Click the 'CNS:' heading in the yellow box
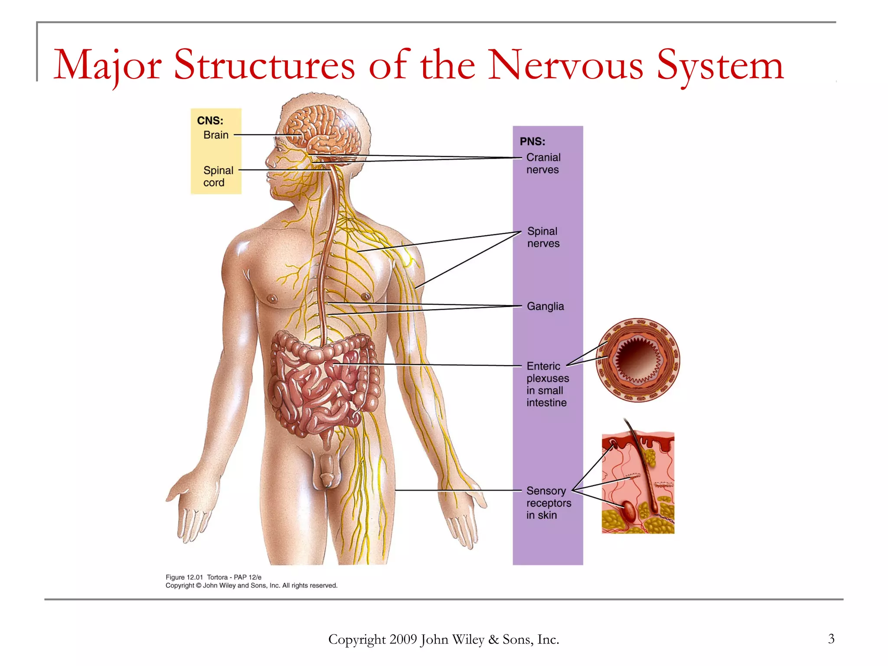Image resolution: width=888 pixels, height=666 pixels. click(x=210, y=121)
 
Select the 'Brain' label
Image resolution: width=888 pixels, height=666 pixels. click(x=215, y=135)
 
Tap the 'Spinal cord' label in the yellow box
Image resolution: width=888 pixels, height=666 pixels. click(x=218, y=176)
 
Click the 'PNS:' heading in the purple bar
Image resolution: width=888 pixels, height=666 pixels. click(x=532, y=141)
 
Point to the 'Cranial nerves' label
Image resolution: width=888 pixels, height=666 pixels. click(x=543, y=163)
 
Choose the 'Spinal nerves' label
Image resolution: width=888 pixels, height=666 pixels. click(x=543, y=237)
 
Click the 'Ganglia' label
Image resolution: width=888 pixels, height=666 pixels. click(x=545, y=307)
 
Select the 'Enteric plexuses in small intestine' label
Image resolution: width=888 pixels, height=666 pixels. click(x=547, y=384)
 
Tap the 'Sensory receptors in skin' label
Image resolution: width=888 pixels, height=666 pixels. click(x=548, y=503)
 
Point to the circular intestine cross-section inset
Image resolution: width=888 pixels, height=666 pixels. click(x=637, y=360)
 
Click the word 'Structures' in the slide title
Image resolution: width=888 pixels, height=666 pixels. click(x=264, y=65)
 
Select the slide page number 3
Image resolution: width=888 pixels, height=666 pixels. click(x=831, y=639)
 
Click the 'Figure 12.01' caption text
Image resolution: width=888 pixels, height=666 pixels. click(x=184, y=577)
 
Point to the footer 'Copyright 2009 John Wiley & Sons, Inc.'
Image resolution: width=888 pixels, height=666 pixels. click(x=443, y=640)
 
